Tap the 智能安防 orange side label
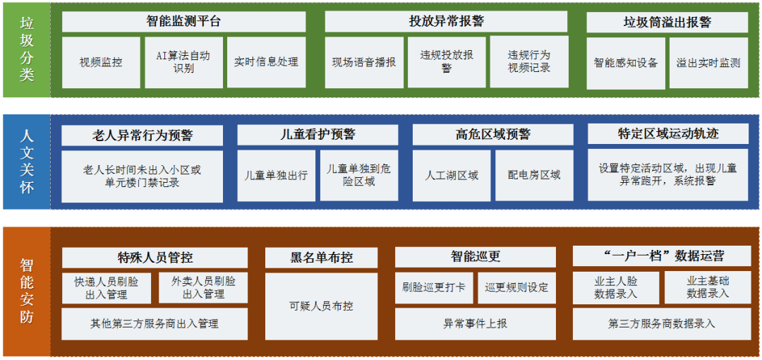click(27, 292)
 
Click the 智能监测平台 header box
click(183, 22)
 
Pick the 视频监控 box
click(101, 62)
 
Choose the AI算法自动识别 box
click(183, 62)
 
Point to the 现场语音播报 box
click(364, 62)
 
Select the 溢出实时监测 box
click(708, 63)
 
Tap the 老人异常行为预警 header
click(143, 136)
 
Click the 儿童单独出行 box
click(276, 175)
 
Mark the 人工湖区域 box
click(452, 175)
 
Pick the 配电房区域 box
click(534, 175)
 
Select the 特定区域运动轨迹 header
click(667, 134)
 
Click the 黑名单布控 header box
click(321, 258)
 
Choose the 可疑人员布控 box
click(321, 306)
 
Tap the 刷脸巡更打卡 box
click(434, 288)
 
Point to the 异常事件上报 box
click(475, 324)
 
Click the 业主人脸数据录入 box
click(615, 287)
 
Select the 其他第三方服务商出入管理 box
click(155, 324)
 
